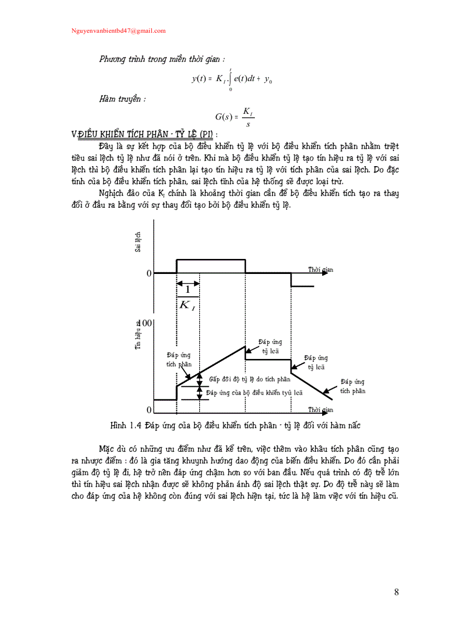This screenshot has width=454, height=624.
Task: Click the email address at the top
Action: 119,31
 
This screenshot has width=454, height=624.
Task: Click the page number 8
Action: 396,592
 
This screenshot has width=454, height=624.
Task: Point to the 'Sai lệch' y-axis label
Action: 137,242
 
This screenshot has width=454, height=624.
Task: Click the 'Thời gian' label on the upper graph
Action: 320,269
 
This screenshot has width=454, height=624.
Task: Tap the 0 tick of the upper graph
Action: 149,273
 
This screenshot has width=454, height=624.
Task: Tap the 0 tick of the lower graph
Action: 149,410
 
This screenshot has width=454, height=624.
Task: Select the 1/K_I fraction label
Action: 187,297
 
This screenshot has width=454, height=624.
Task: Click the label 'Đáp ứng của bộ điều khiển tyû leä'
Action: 254,392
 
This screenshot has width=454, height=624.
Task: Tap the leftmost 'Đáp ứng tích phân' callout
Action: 179,359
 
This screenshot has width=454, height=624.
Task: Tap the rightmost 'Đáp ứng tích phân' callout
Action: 353,386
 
